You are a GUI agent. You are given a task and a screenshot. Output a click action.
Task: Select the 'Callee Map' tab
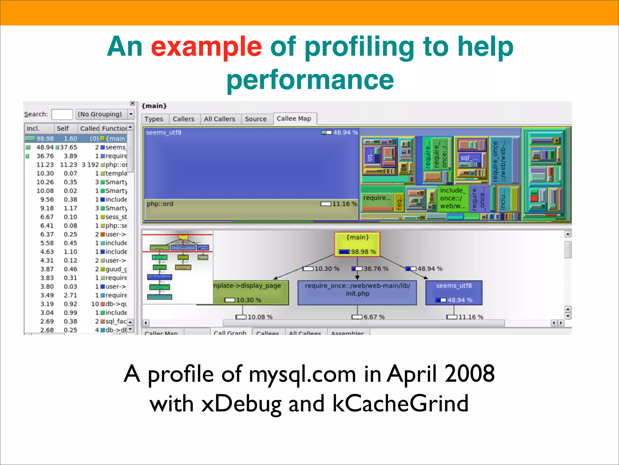coord(294,119)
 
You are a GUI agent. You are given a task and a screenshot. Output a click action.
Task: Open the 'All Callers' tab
coord(219,119)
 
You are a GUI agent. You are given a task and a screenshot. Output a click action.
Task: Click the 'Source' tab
coord(256,119)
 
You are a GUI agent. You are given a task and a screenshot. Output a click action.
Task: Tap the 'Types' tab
coord(154,119)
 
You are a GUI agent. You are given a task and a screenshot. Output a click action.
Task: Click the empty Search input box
coord(62,114)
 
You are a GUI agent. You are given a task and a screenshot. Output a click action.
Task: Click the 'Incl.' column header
coord(33,128)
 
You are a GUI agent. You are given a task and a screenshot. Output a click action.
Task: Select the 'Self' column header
coord(63,128)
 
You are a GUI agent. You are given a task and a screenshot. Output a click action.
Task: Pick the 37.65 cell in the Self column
coord(68,147)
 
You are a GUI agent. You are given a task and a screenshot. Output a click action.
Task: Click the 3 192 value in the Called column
coord(90,165)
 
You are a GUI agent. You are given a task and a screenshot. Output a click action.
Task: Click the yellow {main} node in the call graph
coord(357,244)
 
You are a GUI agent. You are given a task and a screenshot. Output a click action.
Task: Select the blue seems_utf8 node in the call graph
coord(454,292)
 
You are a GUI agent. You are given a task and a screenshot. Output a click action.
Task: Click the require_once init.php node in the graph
coord(357,292)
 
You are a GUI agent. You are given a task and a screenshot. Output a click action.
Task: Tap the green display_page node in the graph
coord(251,292)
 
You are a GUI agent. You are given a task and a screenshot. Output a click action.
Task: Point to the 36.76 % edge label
coord(376,269)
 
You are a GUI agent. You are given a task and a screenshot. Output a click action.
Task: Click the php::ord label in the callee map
coord(160,204)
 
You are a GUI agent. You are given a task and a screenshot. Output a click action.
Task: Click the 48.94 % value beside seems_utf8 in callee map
coord(345,133)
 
